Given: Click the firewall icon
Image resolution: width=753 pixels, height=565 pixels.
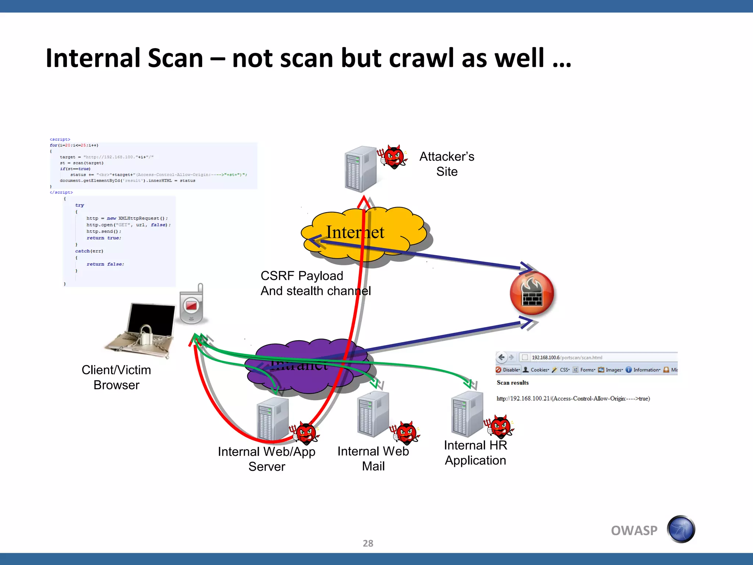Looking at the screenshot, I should coord(532,293).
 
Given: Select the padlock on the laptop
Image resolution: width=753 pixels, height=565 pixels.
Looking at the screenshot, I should coord(146,334).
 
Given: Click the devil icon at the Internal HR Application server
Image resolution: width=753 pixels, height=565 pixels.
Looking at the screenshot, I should coord(500,427).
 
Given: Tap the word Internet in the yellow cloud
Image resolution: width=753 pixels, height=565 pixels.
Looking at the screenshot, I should coord(355,232).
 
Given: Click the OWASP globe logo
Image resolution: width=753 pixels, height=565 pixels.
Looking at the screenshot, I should coord(681,529).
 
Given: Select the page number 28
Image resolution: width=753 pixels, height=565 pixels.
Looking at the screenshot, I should coord(368,543).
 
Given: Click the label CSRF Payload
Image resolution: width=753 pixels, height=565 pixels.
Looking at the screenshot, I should coord(301,276).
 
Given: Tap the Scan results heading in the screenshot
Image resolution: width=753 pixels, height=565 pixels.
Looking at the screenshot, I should coord(513,383).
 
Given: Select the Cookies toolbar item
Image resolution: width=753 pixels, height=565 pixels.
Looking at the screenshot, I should coord(536,370).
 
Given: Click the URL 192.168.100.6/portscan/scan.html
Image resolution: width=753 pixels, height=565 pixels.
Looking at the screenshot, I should coord(567,358).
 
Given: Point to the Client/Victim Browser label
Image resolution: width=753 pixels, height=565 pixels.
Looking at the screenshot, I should coord(116,377).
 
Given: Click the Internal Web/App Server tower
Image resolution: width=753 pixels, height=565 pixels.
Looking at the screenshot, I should coord(272,419).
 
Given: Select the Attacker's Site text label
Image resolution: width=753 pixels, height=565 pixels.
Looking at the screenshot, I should coord(447,164).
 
